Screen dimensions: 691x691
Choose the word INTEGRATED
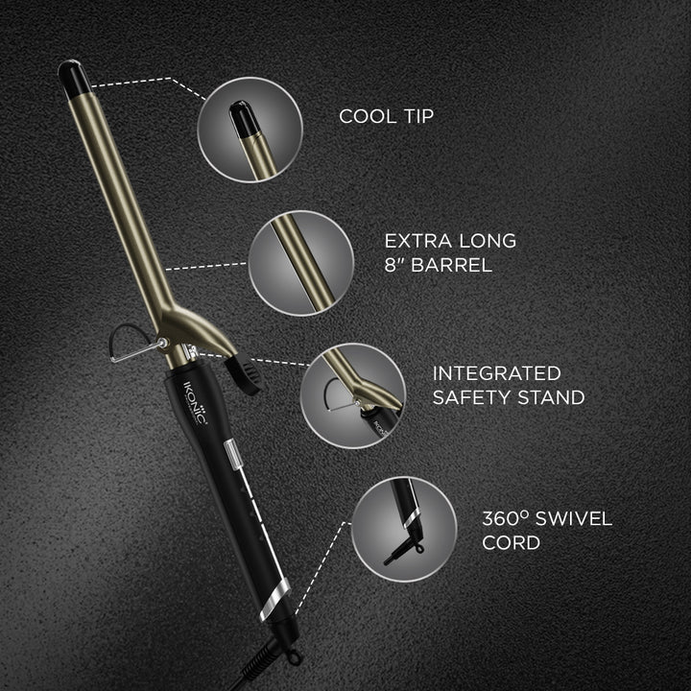496,371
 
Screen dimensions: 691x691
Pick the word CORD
511,544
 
